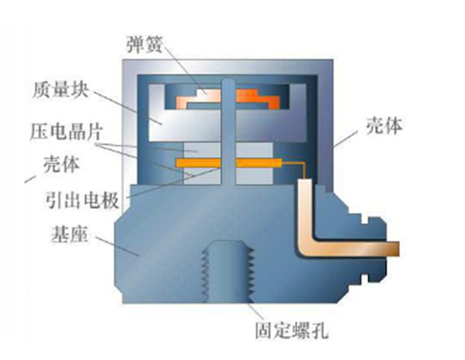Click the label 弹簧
coord(144,45)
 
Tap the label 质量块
coord(61,89)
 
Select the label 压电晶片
coord(67,132)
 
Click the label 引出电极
coord(82,200)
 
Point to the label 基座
coord(69,234)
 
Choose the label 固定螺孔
coord(292,330)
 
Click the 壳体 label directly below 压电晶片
coord(62,164)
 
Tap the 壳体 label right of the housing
coord(384,126)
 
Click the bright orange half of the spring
coord(257,98)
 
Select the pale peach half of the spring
coord(198,98)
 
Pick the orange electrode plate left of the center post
coord(198,163)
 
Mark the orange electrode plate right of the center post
coord(258,162)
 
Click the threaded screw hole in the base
coord(227,272)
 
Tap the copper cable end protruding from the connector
coord(392,249)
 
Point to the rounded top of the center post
coord(228,82)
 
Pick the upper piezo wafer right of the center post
coord(254,150)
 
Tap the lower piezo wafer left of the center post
coord(202,176)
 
